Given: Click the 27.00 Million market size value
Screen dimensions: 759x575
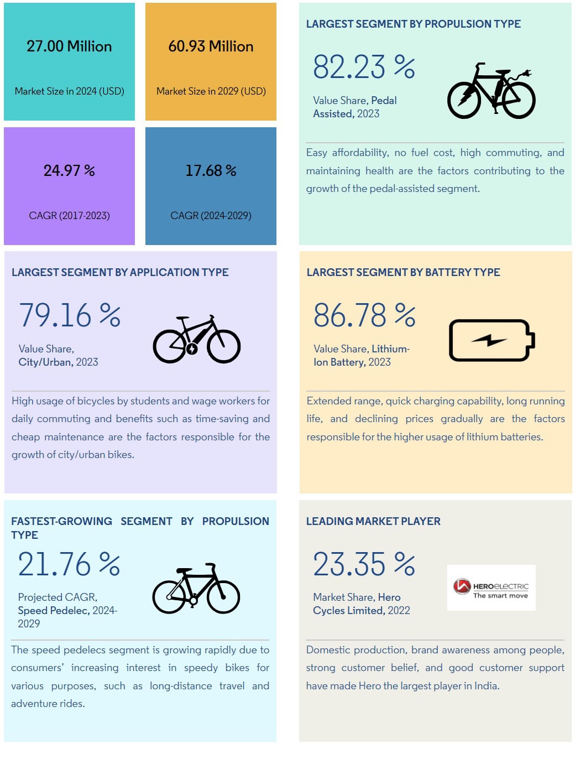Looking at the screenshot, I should click(x=69, y=46).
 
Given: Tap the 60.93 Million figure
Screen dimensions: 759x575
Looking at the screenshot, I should click(x=211, y=46).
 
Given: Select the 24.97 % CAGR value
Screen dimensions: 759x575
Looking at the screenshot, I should click(x=69, y=170).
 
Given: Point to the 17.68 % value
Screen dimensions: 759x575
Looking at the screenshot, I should click(x=211, y=170).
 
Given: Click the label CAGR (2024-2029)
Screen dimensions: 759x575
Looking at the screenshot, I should click(x=211, y=215).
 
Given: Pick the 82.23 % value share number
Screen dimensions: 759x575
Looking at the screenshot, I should click(x=364, y=67).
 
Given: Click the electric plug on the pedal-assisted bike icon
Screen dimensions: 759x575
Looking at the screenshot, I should click(x=525, y=73).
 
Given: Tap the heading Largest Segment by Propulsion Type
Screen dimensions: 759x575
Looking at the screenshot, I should click(x=413, y=24).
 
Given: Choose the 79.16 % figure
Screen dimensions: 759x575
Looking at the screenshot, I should click(x=70, y=315).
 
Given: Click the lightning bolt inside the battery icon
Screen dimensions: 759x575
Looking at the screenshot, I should click(x=489, y=340).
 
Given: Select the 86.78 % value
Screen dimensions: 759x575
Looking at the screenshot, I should click(x=364, y=315).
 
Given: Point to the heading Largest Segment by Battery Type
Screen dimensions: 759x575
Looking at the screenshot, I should click(x=403, y=272).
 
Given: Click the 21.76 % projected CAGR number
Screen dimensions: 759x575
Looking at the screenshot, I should click(x=69, y=564).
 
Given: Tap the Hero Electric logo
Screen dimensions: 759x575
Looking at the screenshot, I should click(x=491, y=588).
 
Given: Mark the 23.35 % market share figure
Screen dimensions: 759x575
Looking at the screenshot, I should click(x=364, y=564).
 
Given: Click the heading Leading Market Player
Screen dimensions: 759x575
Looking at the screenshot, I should click(x=373, y=521).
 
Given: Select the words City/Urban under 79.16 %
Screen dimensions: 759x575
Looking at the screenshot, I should click(x=45, y=362).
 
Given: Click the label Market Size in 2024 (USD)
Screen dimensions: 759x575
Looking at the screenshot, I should click(x=69, y=91).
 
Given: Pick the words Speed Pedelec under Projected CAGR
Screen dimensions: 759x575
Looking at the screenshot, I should click(x=53, y=611).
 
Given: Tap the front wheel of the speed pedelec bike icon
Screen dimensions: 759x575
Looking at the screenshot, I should click(x=223, y=597).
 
